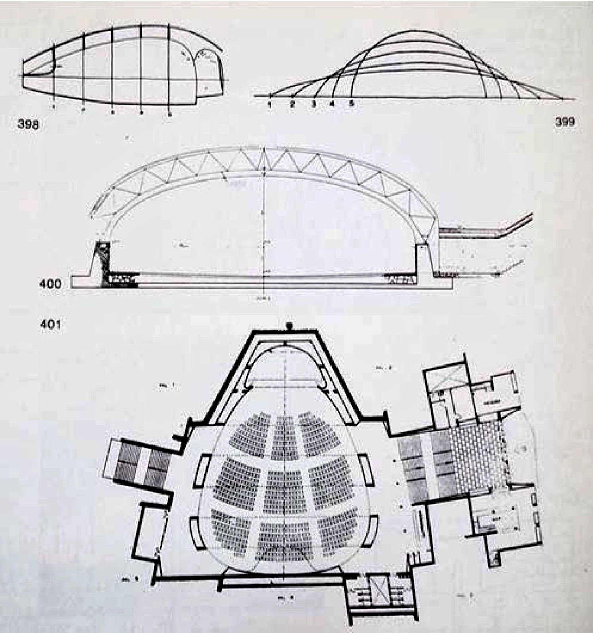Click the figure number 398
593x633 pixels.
[x=28, y=125]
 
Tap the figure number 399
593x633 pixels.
[x=565, y=122]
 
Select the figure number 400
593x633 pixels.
[x=50, y=284]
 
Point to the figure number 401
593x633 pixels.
[x=50, y=325]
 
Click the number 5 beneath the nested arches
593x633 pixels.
[x=351, y=104]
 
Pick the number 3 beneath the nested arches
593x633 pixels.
[x=314, y=104]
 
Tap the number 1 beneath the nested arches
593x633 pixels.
[x=270, y=104]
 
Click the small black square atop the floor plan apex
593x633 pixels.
[x=289, y=326]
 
